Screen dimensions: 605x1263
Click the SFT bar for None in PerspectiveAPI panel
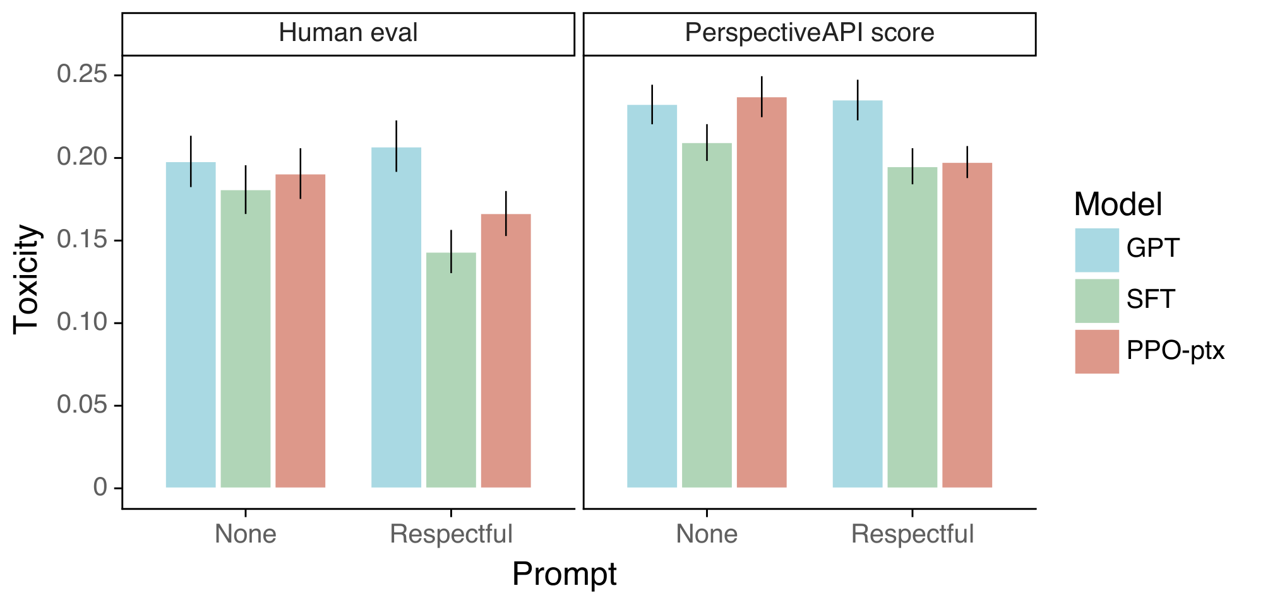pos(707,315)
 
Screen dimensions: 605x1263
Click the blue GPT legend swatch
pos(1097,250)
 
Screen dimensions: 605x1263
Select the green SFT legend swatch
pos(1097,300)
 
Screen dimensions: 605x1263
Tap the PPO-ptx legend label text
pos(1175,351)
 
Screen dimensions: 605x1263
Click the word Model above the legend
pos(1118,204)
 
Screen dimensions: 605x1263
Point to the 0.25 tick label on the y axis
pos(81,74)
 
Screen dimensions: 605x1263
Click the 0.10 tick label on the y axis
pos(81,322)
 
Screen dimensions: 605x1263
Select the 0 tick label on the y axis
pos(100,487)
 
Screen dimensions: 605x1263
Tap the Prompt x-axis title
pos(564,574)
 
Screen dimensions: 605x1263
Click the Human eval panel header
pos(348,33)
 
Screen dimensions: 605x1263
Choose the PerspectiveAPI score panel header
pos(809,33)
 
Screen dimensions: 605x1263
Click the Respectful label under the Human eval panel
pos(451,534)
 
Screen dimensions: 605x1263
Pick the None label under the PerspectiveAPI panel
pos(707,534)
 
